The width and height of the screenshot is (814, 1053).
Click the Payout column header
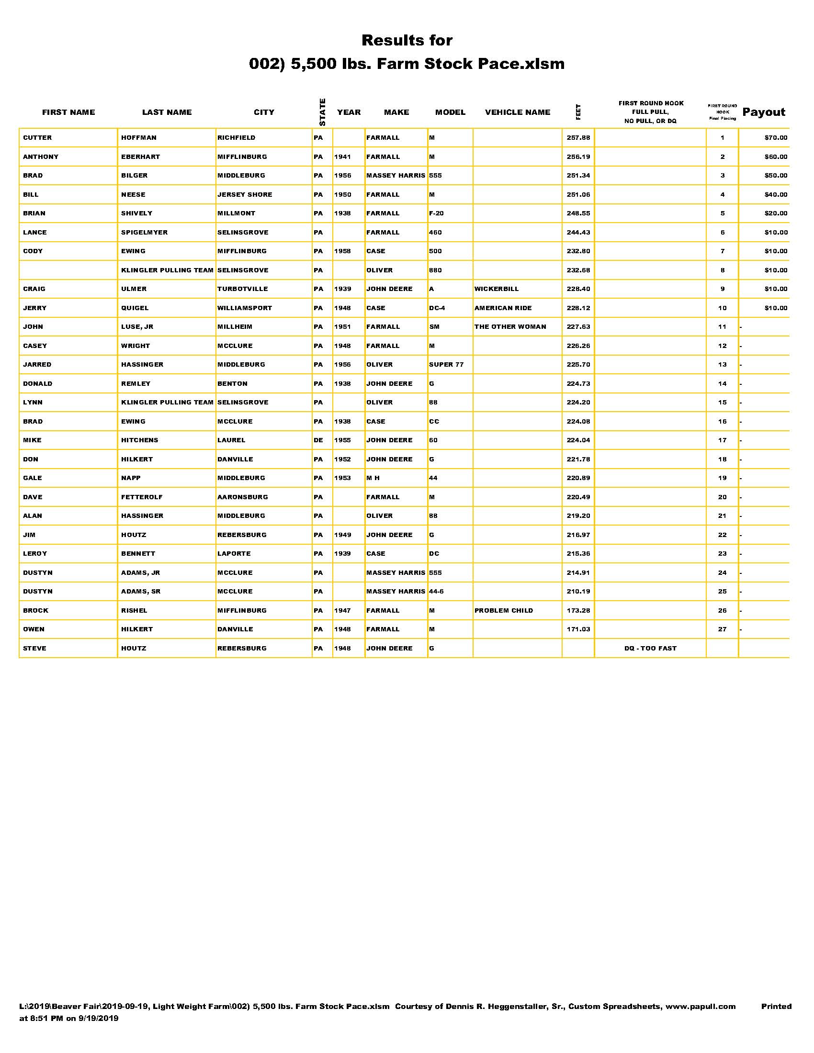pos(763,112)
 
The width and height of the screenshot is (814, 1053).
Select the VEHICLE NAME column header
pos(518,112)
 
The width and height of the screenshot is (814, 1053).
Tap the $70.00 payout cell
pos(775,138)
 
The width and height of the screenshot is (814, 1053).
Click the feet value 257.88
pos(578,138)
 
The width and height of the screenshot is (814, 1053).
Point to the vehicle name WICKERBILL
pos(496,289)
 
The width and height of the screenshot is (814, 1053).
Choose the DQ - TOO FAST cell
pos(650,648)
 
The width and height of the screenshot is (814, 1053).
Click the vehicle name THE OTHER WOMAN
pos(510,327)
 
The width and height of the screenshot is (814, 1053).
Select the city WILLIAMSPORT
pos(245,308)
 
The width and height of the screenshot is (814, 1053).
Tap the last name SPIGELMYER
pos(144,233)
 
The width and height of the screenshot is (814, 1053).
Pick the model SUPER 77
pos(446,365)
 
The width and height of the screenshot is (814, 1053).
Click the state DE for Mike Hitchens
pos(318,440)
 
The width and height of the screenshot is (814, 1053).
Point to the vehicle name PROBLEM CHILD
pos(503,610)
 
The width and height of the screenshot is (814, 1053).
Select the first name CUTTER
pos(37,138)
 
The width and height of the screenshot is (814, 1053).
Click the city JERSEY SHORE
pos(245,195)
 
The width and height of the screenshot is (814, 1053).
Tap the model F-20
pos(436,213)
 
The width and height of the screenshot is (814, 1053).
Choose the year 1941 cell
pos(342,157)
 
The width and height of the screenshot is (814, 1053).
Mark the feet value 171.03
pos(578,629)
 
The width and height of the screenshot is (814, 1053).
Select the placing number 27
pos(722,629)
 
